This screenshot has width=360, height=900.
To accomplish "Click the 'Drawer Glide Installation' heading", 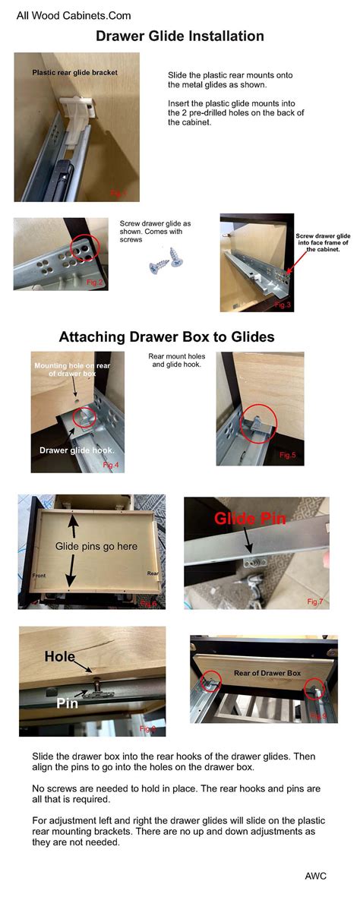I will pos(180,36).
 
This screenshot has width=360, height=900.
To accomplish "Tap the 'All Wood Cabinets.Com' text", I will pos(74,15).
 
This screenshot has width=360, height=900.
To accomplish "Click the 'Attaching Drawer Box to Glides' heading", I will pos(167,336).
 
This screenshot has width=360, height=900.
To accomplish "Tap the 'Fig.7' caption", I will pos(315,601).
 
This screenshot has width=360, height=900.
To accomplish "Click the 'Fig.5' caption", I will pos(287,455).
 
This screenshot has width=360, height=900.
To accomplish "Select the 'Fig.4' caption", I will pos(111,465).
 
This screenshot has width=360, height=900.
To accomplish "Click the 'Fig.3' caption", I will pos(282,305).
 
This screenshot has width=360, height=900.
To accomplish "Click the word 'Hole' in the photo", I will pos(59,657).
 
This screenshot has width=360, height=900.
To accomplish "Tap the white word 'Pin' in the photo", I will pos(67,703).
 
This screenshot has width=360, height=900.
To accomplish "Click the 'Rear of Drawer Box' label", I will pos(267,673).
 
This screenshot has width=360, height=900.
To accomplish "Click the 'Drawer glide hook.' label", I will pos(73,450).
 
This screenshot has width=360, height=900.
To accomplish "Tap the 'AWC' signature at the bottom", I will pos(315,876).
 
